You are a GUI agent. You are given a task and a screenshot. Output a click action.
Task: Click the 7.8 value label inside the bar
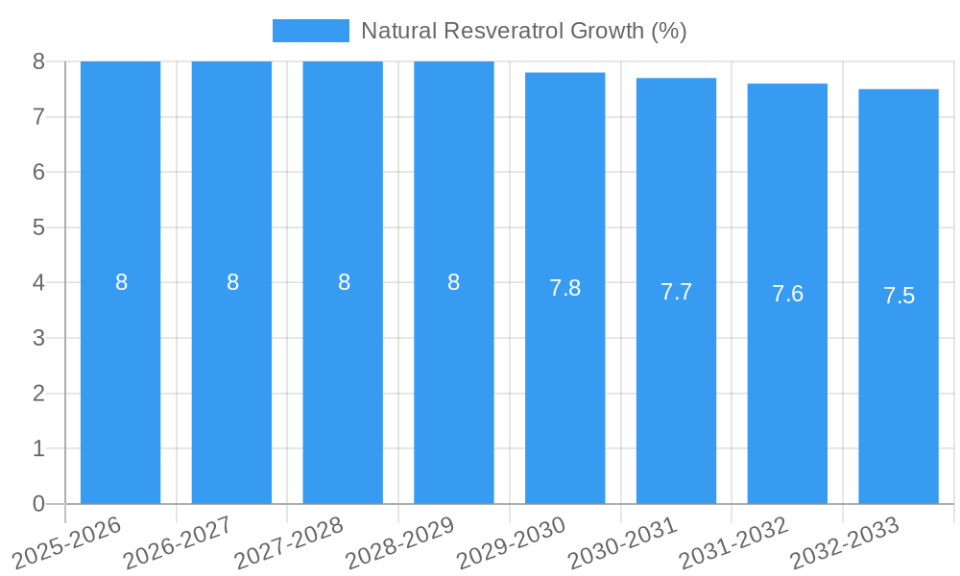pos(564,288)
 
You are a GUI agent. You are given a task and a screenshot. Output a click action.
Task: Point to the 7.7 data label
pos(676,292)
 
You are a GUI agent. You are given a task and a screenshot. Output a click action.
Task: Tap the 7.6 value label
pos(787,295)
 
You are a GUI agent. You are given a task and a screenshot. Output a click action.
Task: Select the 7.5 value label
pos(899,297)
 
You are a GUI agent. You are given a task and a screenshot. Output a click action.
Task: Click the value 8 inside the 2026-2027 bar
pos(232,282)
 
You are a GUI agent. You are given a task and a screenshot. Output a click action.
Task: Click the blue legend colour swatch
pos(310,31)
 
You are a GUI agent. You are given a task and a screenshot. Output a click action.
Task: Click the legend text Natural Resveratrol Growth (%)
pos(523,31)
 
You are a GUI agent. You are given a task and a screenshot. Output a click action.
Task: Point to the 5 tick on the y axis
pos(38,228)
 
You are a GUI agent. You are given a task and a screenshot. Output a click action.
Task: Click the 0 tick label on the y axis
pos(38,504)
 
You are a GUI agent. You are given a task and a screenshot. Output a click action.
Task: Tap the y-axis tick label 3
pos(38,338)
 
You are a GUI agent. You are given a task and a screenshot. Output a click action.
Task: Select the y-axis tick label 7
pos(38,117)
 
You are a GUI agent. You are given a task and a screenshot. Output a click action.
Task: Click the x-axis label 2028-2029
pos(400,542)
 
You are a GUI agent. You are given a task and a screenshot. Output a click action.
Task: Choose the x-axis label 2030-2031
pos(623,542)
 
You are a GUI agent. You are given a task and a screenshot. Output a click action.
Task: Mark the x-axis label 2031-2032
pos(734,542)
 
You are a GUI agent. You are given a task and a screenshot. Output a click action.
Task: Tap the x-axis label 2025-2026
pos(67,542)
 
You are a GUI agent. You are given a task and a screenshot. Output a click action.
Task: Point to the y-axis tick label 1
pos(38,448)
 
